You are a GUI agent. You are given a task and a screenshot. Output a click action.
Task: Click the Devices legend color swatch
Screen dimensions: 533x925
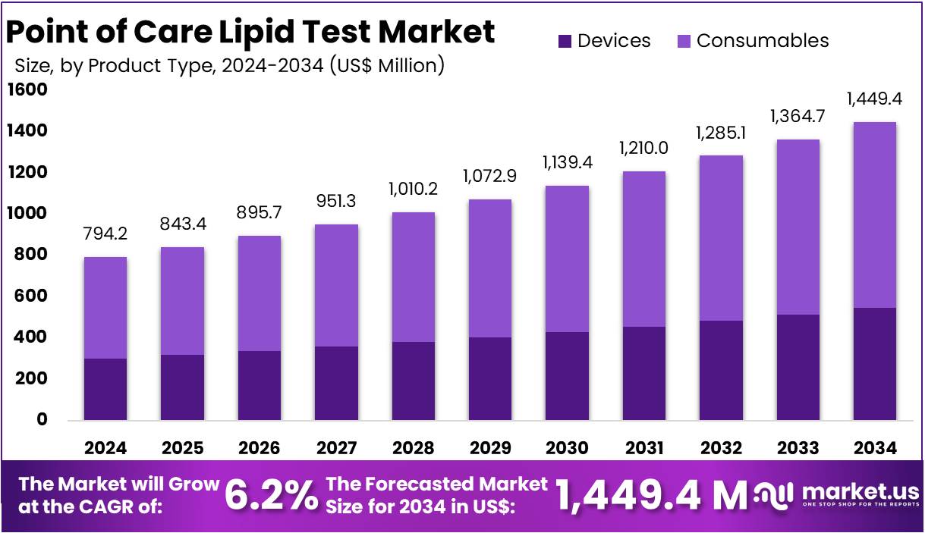tap(564, 41)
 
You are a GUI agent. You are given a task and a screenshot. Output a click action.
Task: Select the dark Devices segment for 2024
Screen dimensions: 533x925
tap(105, 389)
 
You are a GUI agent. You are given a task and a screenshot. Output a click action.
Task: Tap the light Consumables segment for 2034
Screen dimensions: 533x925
tap(875, 215)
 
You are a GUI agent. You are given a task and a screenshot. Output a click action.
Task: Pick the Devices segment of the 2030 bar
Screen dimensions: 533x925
tap(567, 375)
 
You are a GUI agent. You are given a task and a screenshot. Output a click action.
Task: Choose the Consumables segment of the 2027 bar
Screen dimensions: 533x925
tap(336, 285)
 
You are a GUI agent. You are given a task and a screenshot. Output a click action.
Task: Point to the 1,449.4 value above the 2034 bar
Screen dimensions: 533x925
tap(875, 99)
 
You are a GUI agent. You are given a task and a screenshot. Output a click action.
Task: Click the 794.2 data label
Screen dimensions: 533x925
tap(105, 234)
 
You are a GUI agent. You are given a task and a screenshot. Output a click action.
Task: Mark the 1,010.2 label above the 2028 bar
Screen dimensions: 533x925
tap(413, 188)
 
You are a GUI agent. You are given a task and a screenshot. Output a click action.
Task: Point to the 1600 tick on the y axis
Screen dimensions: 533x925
tap(27, 90)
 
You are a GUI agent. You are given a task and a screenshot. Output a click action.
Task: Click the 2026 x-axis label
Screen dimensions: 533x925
tap(259, 448)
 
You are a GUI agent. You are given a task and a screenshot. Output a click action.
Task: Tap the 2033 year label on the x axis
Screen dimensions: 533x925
tap(798, 448)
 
